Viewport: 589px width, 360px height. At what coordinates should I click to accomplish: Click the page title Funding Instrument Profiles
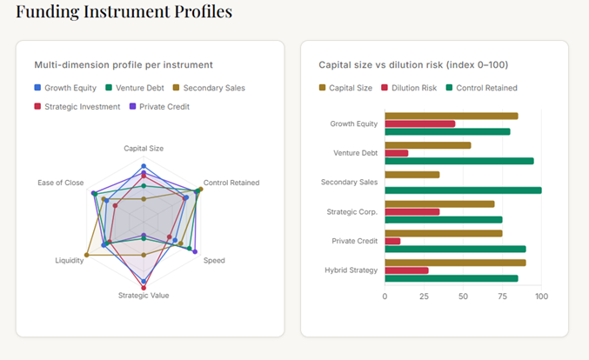[x=124, y=12]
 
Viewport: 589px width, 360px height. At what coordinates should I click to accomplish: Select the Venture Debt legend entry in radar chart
[x=139, y=88]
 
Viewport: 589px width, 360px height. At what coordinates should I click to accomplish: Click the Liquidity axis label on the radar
[x=70, y=261]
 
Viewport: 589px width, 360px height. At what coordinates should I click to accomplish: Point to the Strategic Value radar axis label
[x=144, y=296]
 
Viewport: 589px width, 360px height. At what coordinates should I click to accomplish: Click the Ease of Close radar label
[x=61, y=183]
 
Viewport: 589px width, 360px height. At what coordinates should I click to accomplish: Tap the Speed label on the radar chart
[x=214, y=261]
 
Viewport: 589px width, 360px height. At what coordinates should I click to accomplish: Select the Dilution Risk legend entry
[x=410, y=88]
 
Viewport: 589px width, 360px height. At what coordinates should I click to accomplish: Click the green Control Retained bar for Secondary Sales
[x=463, y=190]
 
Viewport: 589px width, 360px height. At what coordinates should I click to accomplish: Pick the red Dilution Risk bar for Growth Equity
[x=420, y=123]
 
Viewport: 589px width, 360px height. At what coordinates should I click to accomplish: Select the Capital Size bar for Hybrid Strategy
[x=455, y=263]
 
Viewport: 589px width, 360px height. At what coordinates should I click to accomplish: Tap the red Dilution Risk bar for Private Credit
[x=392, y=241]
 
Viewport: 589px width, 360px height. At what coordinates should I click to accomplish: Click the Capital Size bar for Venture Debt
[x=428, y=145]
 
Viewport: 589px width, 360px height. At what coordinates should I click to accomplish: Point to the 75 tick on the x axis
[x=502, y=297]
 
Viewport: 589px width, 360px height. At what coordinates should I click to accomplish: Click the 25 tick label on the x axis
[x=424, y=297]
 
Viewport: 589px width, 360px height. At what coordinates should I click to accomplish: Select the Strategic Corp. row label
[x=352, y=212]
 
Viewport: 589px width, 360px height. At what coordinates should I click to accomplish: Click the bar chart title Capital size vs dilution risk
[x=413, y=64]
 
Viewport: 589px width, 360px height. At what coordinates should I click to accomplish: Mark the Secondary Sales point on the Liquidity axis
[x=86, y=256]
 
